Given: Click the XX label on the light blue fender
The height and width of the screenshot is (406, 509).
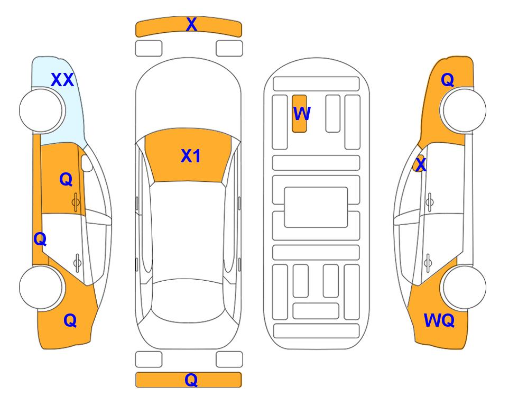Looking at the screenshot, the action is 63,80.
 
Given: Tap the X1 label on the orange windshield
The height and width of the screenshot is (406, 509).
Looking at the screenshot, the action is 191,156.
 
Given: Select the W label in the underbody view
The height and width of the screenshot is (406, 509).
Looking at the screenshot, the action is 302,114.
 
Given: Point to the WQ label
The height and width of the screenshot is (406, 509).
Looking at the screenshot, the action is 439,320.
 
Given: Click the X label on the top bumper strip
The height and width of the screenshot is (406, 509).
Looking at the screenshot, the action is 191,24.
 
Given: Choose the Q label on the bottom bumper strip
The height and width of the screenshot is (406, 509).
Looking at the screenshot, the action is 191,380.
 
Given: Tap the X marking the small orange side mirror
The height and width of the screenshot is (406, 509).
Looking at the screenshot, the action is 421,164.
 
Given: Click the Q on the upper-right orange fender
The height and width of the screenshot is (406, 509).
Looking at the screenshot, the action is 447,80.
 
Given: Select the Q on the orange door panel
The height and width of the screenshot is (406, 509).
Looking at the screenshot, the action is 66,179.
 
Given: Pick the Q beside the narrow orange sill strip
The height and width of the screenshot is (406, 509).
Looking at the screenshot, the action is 40,239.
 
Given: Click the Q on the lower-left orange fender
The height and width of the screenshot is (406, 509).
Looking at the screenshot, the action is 70,320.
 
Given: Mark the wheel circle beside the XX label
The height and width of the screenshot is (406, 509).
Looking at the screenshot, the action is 41,110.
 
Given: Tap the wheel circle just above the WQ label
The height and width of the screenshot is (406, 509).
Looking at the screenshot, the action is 464,287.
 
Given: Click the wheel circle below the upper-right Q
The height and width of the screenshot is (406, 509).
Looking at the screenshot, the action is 464,110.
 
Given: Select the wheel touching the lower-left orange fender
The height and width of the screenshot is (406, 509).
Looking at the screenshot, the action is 41,287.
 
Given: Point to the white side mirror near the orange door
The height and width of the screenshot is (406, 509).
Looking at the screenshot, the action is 87,163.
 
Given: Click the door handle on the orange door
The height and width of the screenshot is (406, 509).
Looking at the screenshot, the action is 76,202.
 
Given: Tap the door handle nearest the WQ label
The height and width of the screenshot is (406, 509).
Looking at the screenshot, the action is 428,263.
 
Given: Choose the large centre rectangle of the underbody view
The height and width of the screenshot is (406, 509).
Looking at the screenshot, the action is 316,207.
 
